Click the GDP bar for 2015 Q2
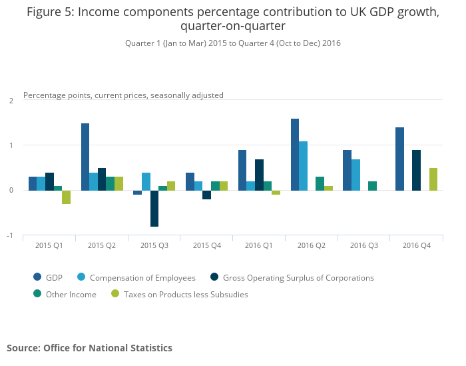point(85,157)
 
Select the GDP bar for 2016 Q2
point(295,155)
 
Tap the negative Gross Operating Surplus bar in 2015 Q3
point(154,209)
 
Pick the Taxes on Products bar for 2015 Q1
point(67,197)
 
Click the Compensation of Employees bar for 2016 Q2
point(303,166)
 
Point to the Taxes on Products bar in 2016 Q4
point(433,179)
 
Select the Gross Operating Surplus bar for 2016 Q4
point(416,170)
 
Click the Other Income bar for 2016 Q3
point(372,186)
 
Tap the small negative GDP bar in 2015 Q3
point(137,193)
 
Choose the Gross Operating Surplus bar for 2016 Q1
point(259,175)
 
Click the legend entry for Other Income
point(65,294)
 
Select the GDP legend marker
point(37,277)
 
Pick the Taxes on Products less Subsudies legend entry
point(180,294)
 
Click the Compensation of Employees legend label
point(142,278)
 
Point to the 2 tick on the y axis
point(11,101)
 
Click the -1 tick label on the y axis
point(10,235)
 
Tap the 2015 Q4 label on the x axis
point(207,245)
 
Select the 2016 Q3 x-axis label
point(364,245)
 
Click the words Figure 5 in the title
point(50,12)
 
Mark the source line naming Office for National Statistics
point(89,348)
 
